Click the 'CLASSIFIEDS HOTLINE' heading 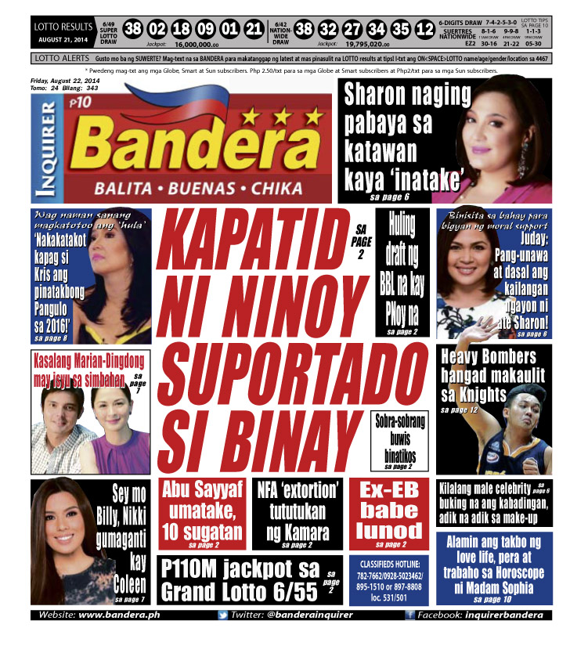[388, 563]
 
